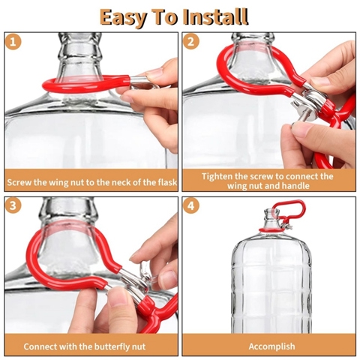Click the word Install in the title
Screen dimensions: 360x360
(x=215, y=16)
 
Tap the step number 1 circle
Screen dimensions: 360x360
(x=13, y=42)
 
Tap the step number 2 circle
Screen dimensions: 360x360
(x=190, y=41)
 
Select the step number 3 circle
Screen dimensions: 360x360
(x=13, y=205)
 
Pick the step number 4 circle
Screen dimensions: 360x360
(x=190, y=205)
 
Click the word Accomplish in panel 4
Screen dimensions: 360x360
(x=271, y=346)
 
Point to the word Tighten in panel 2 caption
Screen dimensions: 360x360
(x=217, y=176)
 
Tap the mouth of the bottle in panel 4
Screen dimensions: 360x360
(x=272, y=210)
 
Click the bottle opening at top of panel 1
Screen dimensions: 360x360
(x=79, y=34)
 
